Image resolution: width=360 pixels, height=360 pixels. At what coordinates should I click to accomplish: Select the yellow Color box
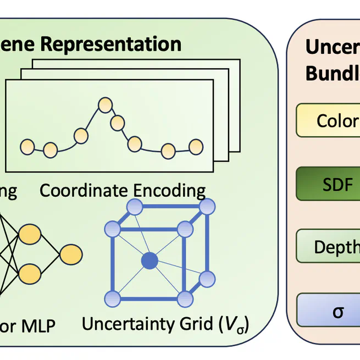(329, 120)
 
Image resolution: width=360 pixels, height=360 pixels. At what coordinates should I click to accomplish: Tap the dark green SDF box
(329, 184)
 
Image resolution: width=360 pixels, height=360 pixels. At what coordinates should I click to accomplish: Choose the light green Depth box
(329, 247)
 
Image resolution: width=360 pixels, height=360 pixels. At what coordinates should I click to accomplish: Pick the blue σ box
(329, 312)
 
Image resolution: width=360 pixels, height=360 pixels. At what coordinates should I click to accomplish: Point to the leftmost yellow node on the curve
(27, 146)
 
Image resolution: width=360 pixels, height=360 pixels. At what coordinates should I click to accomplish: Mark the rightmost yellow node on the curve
(196, 146)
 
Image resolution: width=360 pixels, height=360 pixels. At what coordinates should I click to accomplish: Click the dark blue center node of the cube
(149, 261)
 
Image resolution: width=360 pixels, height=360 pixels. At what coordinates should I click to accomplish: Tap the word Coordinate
(85, 191)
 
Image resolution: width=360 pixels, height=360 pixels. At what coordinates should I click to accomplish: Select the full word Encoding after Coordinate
(171, 191)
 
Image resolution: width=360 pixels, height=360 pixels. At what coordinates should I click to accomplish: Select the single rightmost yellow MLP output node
(71, 255)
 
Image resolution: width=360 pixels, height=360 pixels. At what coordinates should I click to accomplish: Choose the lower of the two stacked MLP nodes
(30, 272)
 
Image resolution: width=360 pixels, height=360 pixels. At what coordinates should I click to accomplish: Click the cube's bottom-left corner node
(113, 298)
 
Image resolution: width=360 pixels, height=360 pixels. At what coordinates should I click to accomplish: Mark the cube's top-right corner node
(207, 207)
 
